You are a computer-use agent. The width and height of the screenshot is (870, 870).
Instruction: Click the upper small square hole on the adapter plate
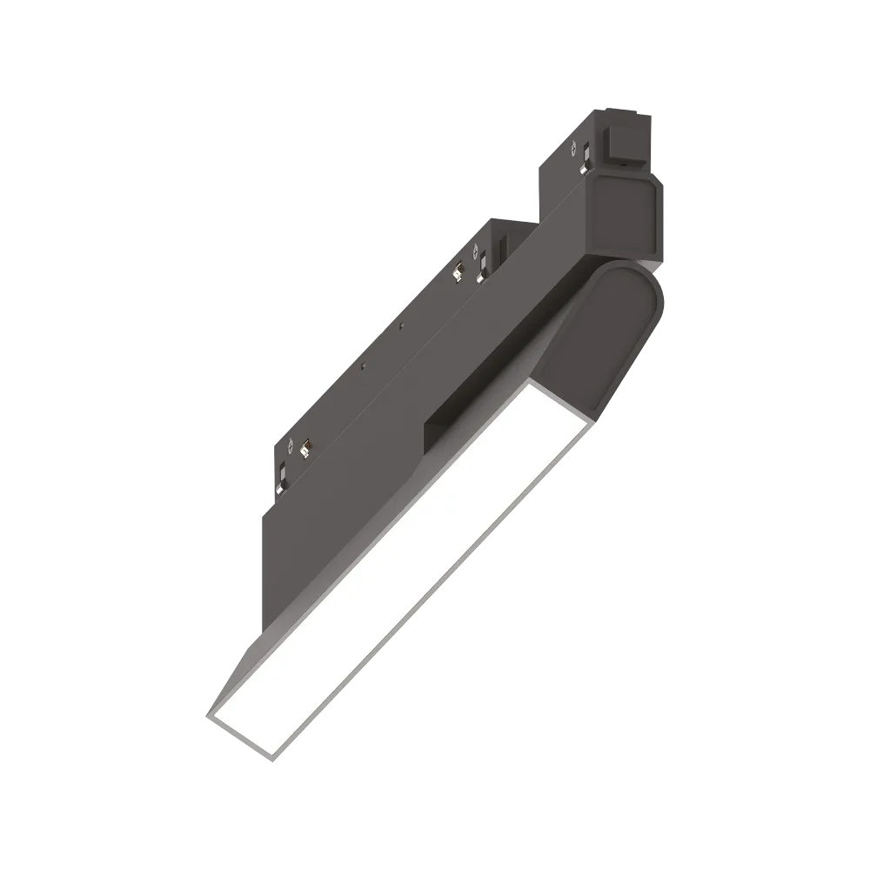401,325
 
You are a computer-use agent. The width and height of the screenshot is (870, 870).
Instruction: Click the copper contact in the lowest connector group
305,449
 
